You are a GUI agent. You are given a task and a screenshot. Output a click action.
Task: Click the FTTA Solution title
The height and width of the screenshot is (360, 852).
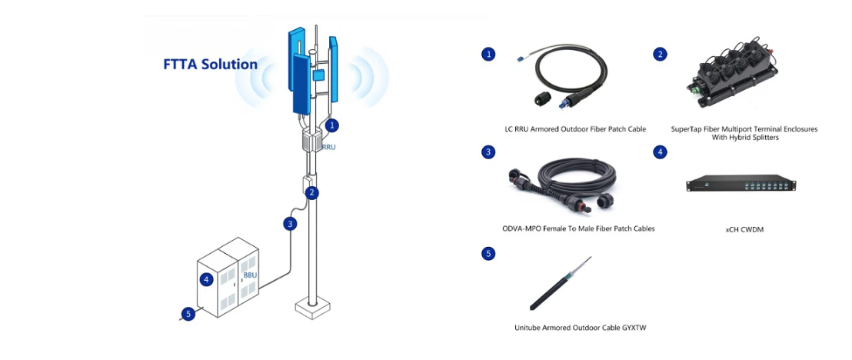210,64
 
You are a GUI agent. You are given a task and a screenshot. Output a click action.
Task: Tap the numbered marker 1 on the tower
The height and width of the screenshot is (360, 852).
332,125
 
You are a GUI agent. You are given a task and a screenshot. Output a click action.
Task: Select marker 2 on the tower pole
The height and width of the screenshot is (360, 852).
311,192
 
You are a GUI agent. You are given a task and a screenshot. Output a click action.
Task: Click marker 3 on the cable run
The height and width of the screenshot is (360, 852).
291,224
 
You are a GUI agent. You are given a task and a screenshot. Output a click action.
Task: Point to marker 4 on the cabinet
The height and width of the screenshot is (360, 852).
206,280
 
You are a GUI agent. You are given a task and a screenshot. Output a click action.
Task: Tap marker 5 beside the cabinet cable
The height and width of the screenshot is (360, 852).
188,314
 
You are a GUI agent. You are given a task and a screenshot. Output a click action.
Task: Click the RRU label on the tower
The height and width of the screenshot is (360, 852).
329,147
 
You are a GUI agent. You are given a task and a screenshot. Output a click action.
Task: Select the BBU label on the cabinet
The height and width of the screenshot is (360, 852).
250,275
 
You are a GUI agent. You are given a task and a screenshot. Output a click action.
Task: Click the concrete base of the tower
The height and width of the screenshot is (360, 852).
312,308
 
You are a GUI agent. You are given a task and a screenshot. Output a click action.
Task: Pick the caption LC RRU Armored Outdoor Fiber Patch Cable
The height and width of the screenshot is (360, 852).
575,129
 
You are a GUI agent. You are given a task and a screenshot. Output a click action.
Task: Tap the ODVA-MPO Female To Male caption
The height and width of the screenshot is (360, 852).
578,228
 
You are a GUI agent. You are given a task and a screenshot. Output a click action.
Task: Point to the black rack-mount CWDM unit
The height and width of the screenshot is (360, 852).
741,183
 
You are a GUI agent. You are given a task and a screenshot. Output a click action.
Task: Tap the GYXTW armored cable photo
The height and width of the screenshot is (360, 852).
560,284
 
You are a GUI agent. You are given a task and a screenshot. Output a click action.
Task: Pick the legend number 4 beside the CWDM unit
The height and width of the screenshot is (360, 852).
661,152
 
